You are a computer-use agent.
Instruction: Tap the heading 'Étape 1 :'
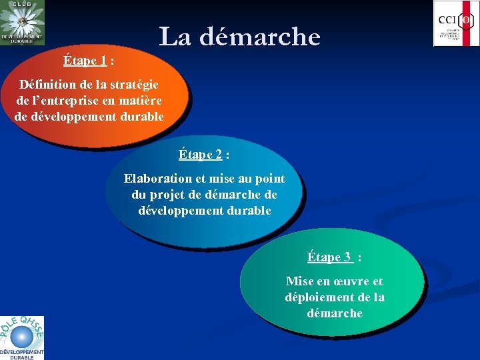[x=88, y=61]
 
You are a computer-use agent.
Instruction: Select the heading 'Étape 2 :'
[x=204, y=155]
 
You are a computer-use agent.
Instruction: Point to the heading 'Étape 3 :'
[x=334, y=257]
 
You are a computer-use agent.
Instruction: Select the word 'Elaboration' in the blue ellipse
[x=157, y=179]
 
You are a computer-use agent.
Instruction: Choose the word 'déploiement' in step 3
[x=319, y=297]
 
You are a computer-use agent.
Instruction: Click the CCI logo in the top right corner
[x=456, y=23]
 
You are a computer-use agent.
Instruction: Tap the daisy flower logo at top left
[x=23, y=21]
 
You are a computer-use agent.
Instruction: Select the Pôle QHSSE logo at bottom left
[x=22, y=337]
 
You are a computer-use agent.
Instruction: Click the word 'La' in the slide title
[x=175, y=37]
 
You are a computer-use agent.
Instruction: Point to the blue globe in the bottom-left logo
[x=21, y=336]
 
